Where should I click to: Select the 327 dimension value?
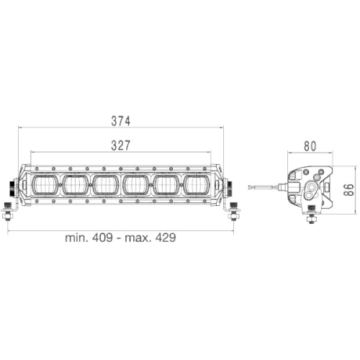(x=120, y=145)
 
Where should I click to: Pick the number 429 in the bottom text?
(x=163, y=237)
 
